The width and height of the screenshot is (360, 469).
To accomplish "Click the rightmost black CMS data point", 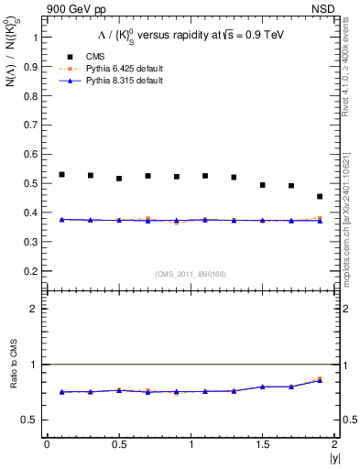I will (320, 197).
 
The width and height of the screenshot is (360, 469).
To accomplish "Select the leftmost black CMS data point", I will (61, 174).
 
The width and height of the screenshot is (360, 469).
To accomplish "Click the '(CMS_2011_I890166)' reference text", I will (190, 272).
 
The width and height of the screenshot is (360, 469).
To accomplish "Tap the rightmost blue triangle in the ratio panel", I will (320, 380).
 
